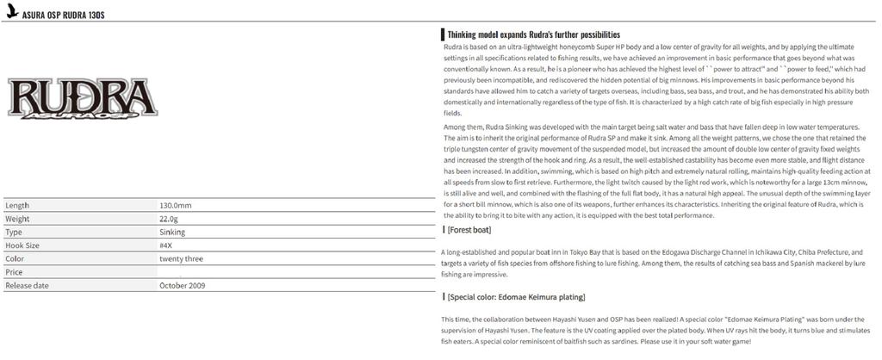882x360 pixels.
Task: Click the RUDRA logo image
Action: pyautogui.click(x=83, y=98)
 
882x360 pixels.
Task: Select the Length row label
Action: pyautogui.click(x=17, y=206)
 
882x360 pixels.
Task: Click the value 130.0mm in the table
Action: pyautogui.click(x=176, y=206)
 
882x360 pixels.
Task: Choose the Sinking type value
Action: pyautogui.click(x=172, y=233)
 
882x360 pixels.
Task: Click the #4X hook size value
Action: pyautogui.click(x=169, y=245)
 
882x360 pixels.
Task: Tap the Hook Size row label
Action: pyautogui.click(x=22, y=245)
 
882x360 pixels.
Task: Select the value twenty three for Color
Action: pyautogui.click(x=181, y=258)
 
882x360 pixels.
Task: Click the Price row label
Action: pyautogui.click(x=14, y=272)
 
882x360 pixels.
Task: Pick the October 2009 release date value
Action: pyautogui.click(x=183, y=285)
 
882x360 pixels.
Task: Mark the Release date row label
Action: pyautogui.click(x=28, y=285)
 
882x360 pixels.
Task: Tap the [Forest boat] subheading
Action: pyautogui.click(x=469, y=230)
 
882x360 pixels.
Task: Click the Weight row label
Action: pyautogui.click(x=18, y=220)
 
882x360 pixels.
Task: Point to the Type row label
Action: pyautogui.click(x=14, y=233)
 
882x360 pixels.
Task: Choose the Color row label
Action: pyautogui.click(x=15, y=258)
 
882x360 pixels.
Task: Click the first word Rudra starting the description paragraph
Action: pyautogui.click(x=454, y=47)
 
